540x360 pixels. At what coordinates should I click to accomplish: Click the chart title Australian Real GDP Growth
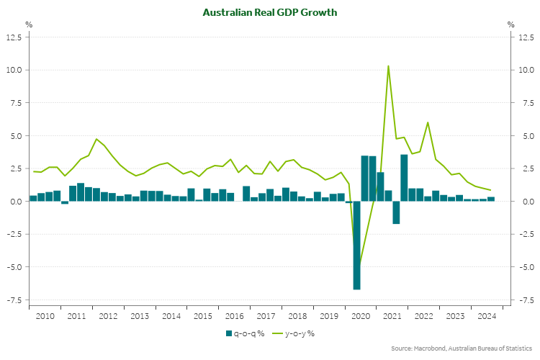pyautogui.click(x=269, y=13)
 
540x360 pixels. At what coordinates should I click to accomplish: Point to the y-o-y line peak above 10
pyautogui.click(x=389, y=66)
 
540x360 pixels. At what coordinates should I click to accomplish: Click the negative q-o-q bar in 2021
pyautogui.click(x=396, y=212)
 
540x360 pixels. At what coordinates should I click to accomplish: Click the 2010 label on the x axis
pyautogui.click(x=45, y=316)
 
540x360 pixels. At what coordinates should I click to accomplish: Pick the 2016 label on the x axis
pyautogui.click(x=234, y=316)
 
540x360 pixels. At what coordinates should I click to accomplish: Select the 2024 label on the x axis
pyautogui.click(x=486, y=316)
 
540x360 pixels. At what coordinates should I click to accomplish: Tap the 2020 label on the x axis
pyautogui.click(x=360, y=316)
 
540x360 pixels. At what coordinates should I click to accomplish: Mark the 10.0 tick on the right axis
pyautogui.click(x=525, y=71)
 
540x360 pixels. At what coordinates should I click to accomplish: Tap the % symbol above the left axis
pyautogui.click(x=29, y=24)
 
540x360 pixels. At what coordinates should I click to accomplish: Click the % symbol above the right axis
pyautogui.click(x=510, y=24)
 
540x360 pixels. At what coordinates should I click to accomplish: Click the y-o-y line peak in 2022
pyautogui.click(x=428, y=122)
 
